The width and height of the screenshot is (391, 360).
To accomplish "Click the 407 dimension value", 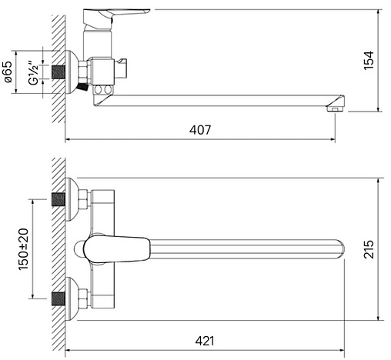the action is pyautogui.click(x=200, y=130).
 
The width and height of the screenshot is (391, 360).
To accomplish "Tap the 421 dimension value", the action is pyautogui.click(x=205, y=341).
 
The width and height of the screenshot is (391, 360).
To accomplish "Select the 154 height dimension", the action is pyautogui.click(x=369, y=60).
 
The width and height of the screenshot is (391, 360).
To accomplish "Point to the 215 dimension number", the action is pyautogui.click(x=369, y=249).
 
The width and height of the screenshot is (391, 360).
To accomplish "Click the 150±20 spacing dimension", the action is pyautogui.click(x=24, y=249).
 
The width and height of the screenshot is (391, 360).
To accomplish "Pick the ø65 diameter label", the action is pyautogui.click(x=7, y=72).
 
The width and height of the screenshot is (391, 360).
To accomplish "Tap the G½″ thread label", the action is pyautogui.click(x=33, y=73).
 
